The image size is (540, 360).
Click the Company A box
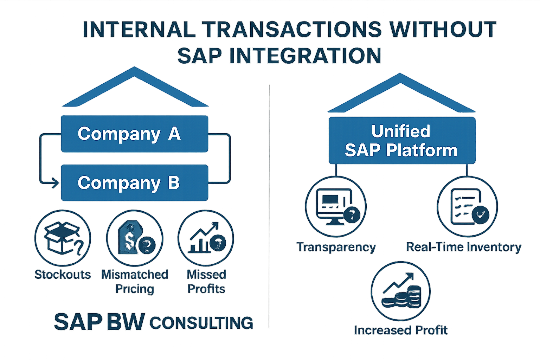[134, 134]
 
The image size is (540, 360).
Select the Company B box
[134, 183]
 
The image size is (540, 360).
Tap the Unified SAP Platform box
[401, 141]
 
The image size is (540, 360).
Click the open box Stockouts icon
[63, 238]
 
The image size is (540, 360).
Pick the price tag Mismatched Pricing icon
[135, 238]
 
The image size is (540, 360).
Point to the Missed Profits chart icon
[206, 238]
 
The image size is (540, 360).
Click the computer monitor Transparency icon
[335, 207]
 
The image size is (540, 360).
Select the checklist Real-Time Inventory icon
[467, 207]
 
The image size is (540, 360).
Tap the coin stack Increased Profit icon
[401, 291]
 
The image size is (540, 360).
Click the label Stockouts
[63, 275]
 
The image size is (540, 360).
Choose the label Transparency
[336, 247]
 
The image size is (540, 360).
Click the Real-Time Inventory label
[463, 247]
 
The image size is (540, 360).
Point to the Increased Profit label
[401, 330]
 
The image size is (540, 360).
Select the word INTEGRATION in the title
[305, 56]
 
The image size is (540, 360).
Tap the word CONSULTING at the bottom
[201, 323]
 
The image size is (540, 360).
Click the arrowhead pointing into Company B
[55, 183]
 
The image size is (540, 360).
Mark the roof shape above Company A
[135, 88]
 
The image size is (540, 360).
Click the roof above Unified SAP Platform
[401, 94]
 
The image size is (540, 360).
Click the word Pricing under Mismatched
[135, 289]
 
